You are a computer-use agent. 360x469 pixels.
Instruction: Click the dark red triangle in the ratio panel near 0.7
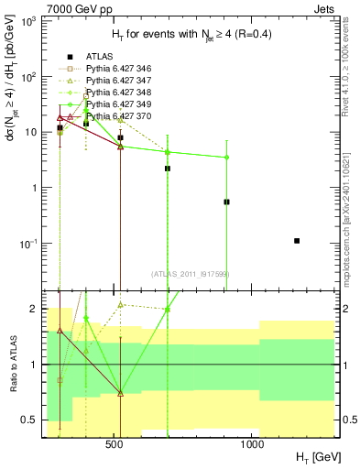coord(120,393)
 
